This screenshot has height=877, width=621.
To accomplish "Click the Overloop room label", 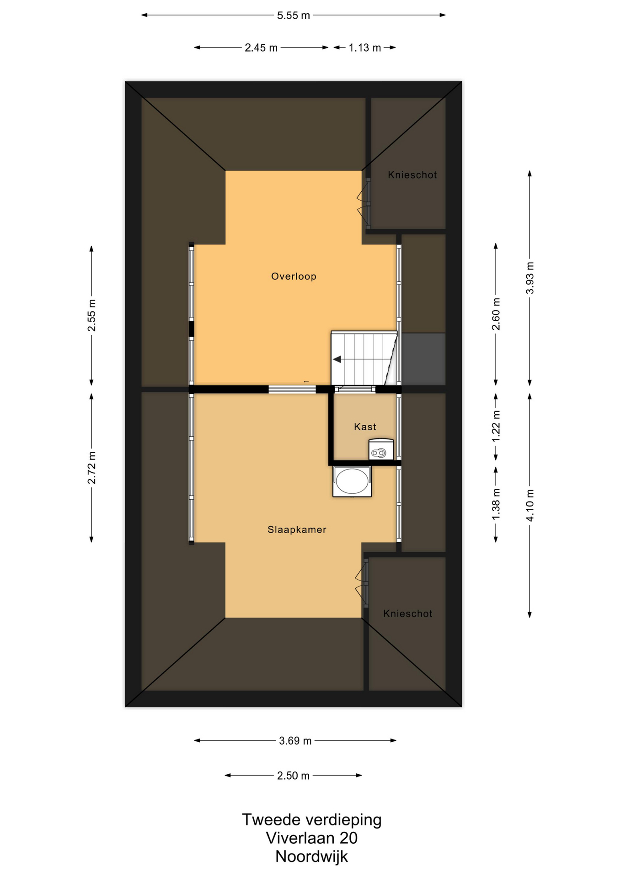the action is point(294,276).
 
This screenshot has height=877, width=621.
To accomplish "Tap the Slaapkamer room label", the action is point(297,530).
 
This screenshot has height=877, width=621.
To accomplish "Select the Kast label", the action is point(365,427).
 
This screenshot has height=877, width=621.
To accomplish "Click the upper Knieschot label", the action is point(412,175).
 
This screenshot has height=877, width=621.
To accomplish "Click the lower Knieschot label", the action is point(407,614).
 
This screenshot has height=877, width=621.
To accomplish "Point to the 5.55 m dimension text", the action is point(294,16).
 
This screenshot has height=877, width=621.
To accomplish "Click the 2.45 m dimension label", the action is point(261,48).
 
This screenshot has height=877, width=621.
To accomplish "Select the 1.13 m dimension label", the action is point(365,48).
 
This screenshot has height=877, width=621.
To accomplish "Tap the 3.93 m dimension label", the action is point(530,278).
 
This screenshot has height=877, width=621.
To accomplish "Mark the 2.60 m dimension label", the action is point(496,314).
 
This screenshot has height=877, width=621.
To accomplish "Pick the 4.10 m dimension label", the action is point(530,505).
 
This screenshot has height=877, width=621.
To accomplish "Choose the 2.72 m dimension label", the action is point(92,468).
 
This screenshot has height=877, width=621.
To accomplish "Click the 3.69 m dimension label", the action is point(295,741).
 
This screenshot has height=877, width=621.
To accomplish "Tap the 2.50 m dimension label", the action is point(293,776).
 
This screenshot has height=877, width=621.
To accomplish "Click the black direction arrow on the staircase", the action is point(337,359).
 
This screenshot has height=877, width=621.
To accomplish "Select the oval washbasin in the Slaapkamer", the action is point(352,481).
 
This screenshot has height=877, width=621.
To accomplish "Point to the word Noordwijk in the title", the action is point(311,856).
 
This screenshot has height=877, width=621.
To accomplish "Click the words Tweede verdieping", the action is point(311,820).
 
